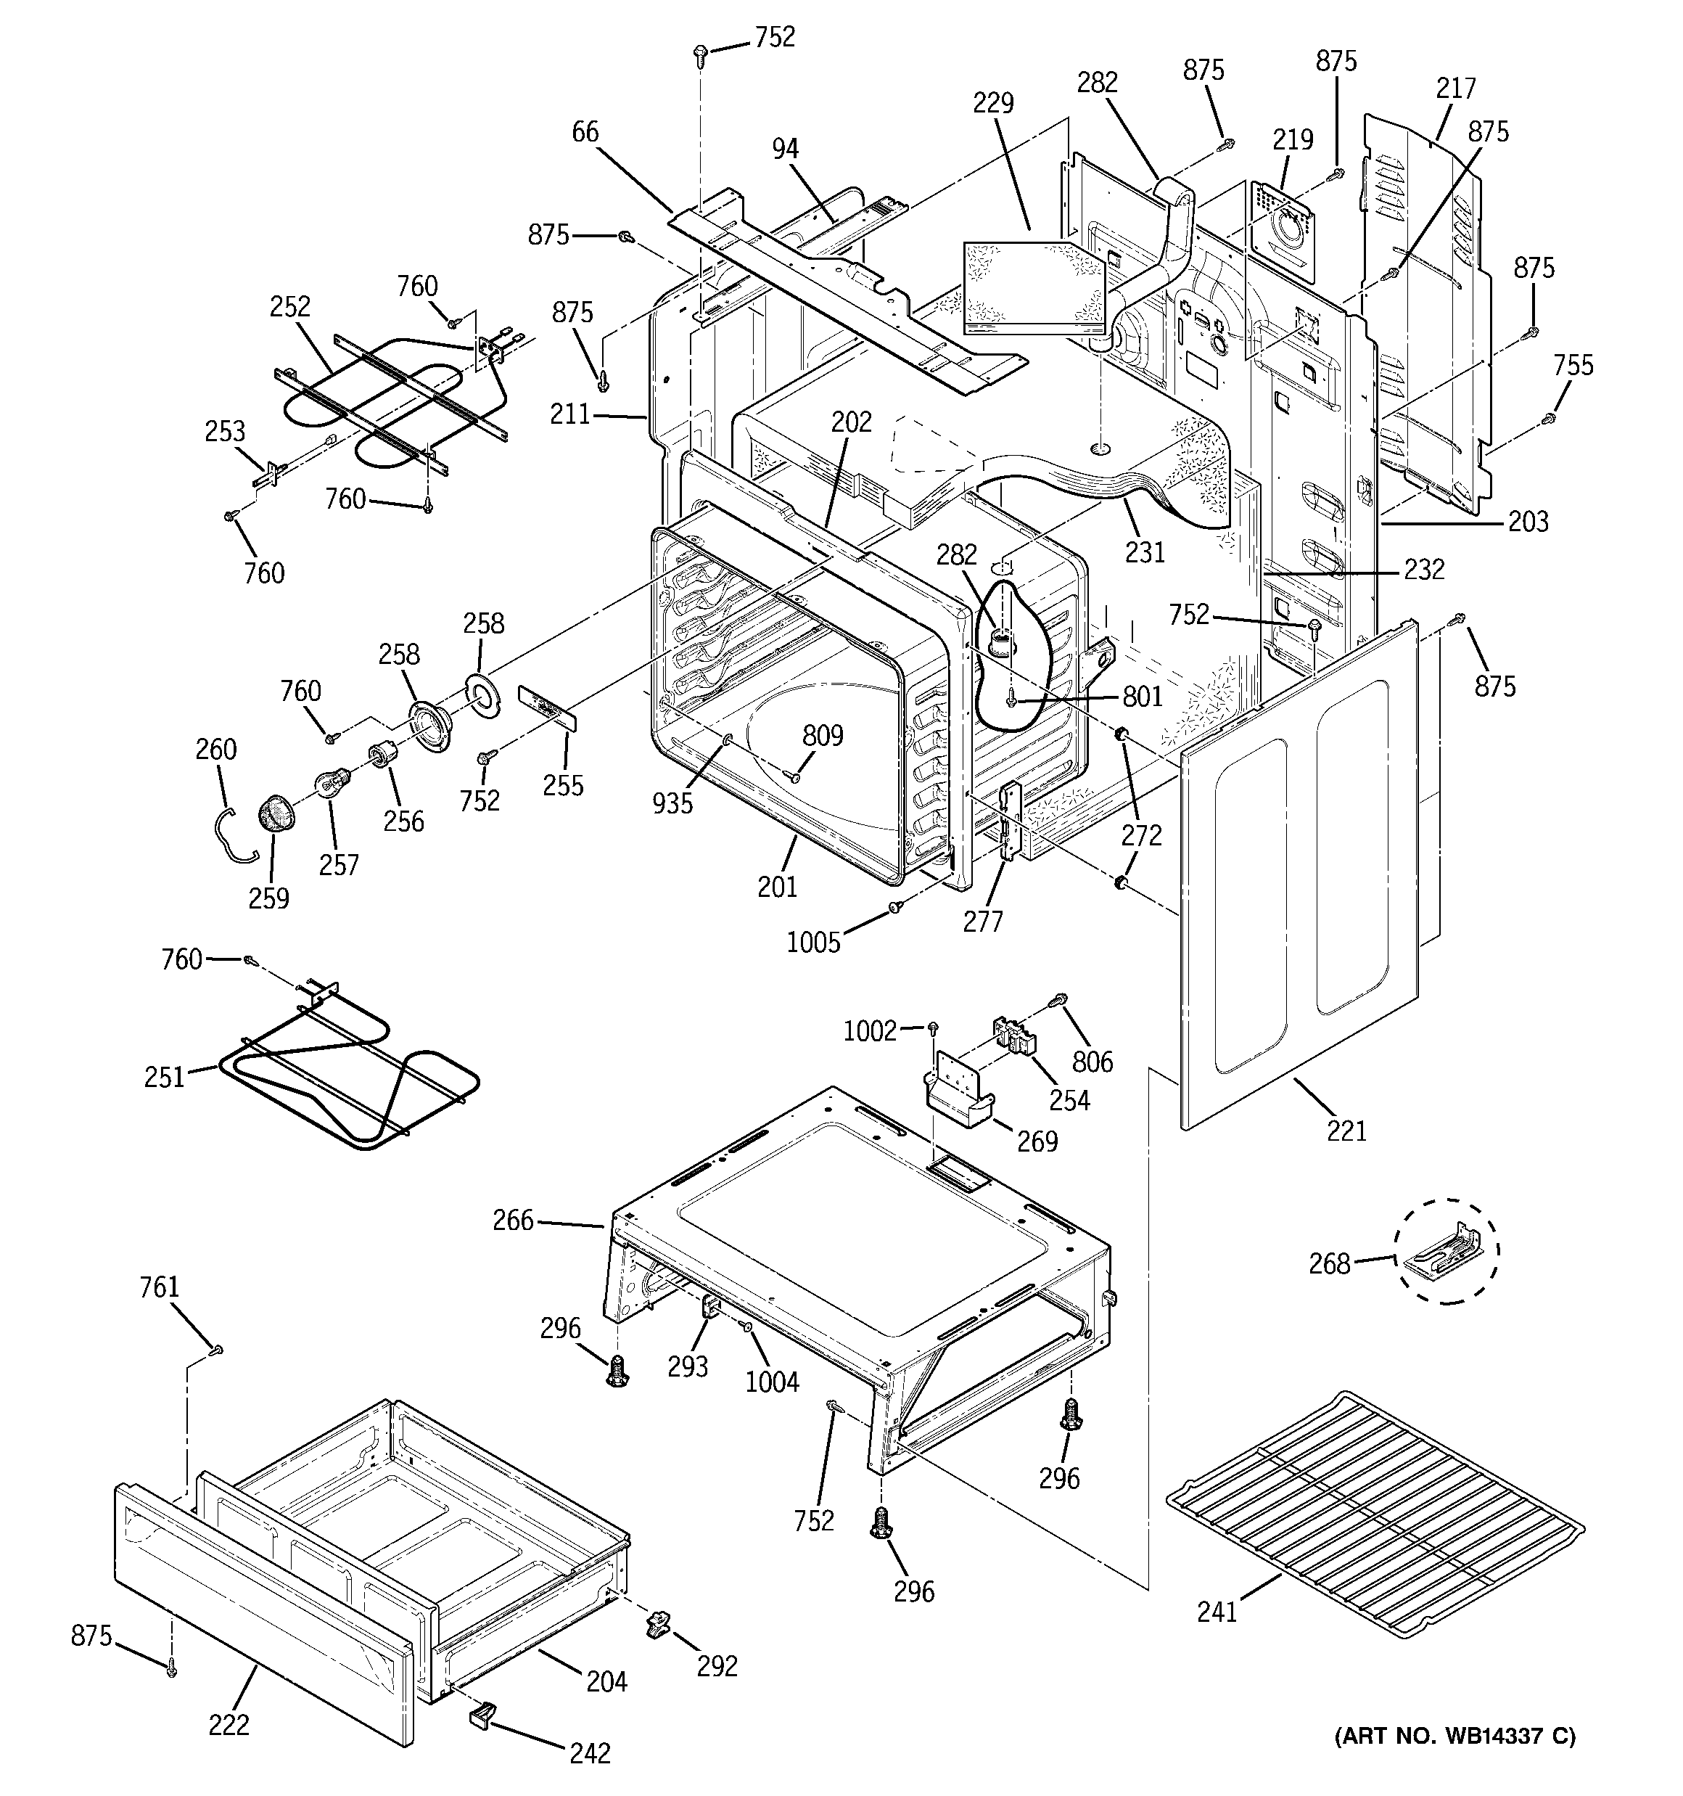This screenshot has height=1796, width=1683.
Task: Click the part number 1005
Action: (813, 943)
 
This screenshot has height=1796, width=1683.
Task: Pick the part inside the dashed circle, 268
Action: (1442, 1250)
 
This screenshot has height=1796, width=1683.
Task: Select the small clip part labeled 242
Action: (483, 1713)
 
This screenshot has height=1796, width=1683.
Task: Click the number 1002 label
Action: (869, 1031)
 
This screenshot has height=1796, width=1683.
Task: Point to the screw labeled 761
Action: (216, 1350)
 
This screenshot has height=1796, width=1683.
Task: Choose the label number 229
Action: (993, 102)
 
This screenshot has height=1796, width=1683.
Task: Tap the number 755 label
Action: (1573, 365)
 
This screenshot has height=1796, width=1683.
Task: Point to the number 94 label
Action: (785, 149)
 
